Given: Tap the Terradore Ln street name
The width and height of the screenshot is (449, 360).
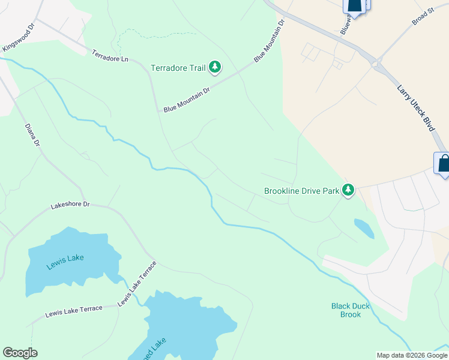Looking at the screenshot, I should (x=110, y=56).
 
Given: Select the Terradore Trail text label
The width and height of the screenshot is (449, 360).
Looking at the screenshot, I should (x=178, y=68).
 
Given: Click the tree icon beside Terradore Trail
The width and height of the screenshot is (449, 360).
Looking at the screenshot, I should (x=215, y=68).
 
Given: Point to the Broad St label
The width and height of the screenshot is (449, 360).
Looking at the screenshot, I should (x=423, y=17).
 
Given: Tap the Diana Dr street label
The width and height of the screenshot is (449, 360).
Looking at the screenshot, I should (x=32, y=136).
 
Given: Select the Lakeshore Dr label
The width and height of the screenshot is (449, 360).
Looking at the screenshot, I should (x=70, y=205).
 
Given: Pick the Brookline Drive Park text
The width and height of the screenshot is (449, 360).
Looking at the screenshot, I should (x=301, y=191).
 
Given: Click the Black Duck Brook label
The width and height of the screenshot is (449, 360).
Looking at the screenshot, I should (x=351, y=310).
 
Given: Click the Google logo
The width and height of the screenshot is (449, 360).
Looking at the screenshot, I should (x=20, y=353).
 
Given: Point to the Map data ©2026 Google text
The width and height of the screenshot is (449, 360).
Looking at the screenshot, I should (x=412, y=355).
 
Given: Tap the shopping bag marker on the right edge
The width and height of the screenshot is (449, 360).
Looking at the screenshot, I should (x=442, y=163).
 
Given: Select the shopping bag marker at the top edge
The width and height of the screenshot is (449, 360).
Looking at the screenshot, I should (x=355, y=5).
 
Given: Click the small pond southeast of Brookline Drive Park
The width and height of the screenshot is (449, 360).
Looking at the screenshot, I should (x=363, y=228).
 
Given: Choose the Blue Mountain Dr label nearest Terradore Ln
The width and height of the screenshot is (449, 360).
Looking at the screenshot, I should (x=187, y=100).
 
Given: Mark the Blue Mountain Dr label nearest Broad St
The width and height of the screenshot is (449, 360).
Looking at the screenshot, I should (x=268, y=40).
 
